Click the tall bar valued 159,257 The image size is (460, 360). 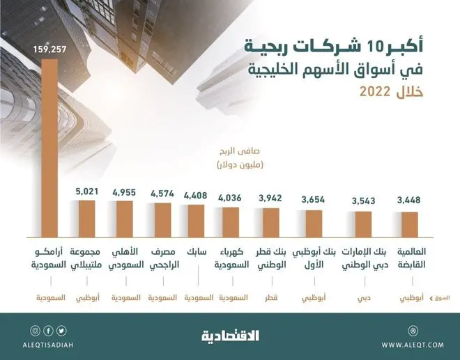[49, 146]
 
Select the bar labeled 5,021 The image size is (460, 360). [88, 218]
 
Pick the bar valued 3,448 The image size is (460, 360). [409, 223]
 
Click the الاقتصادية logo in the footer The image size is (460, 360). [231, 335]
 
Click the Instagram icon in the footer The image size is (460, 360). [35, 329]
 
